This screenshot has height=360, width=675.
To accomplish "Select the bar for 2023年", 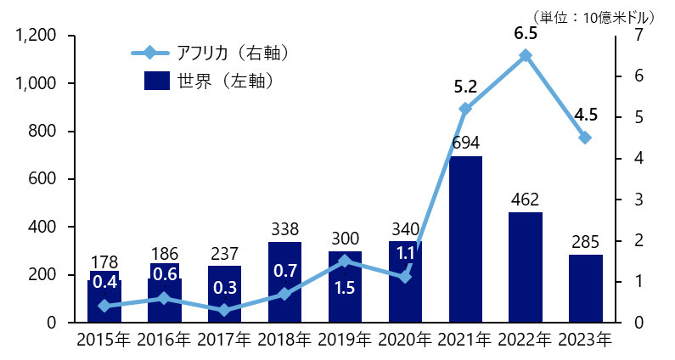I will [x=586, y=289].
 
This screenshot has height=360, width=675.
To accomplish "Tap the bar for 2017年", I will [x=225, y=294].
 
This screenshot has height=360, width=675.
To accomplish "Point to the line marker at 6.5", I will [x=526, y=55].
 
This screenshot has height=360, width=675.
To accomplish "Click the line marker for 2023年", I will [x=586, y=138].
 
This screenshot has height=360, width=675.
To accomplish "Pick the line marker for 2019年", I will [x=345, y=261].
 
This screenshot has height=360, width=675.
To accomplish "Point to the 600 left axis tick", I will [x=42, y=179].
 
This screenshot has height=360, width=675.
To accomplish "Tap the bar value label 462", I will [x=526, y=200].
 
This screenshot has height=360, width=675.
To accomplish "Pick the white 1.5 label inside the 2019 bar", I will [x=345, y=288].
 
